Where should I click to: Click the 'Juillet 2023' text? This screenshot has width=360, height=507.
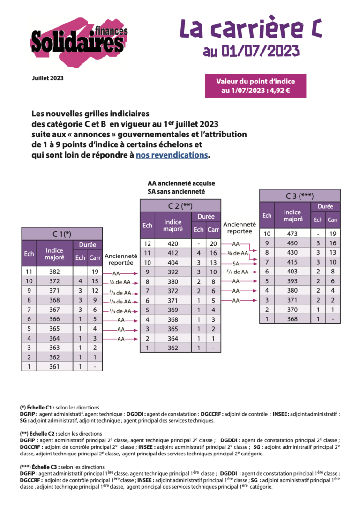(x=48, y=78)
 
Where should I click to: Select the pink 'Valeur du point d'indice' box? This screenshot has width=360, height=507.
(x=255, y=86)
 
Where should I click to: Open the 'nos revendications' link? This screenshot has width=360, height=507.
(x=172, y=155)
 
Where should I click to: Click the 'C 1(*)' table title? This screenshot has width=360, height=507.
(x=61, y=234)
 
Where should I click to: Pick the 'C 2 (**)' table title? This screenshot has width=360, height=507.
(x=180, y=205)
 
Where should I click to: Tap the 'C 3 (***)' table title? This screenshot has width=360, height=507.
(x=300, y=196)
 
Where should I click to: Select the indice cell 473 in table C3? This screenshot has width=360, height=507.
(x=292, y=234)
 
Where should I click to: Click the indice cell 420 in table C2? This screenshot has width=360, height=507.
(x=173, y=244)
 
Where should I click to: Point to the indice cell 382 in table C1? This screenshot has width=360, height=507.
(x=54, y=272)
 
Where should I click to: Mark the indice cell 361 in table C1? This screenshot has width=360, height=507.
(x=54, y=366)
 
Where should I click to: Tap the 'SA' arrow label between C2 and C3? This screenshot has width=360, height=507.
(x=236, y=263)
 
